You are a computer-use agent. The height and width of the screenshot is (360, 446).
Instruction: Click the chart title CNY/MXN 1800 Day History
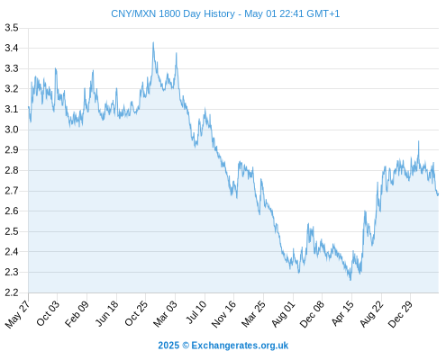pos(173,13)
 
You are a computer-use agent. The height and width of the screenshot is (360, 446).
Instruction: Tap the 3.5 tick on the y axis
pos(12,28)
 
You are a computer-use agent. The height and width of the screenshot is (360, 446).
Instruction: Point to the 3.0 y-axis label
pos(12,130)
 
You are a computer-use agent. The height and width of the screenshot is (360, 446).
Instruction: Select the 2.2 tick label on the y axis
pos(12,292)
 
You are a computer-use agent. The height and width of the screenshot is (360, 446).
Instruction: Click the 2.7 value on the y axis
pos(12,191)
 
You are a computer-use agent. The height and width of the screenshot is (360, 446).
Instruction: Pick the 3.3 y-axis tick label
pos(12,68)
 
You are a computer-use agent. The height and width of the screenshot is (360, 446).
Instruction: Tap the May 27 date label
pos(17,314)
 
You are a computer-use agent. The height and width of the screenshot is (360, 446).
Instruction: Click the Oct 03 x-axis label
pos(48,313)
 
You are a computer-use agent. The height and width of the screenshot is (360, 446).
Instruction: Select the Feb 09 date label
pos(77,314)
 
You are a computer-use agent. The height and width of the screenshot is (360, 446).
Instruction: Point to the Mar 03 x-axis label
pos(166,314)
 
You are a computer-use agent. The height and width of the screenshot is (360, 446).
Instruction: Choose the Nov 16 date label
pos(224,314)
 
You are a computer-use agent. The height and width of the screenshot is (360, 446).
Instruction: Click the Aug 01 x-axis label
pos(283,314)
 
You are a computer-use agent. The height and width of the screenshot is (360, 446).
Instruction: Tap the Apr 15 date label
pos(342,313)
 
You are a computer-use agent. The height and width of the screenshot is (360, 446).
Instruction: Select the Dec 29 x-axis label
pos(401,314)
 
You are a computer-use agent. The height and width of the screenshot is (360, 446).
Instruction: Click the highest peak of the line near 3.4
pos(153,42)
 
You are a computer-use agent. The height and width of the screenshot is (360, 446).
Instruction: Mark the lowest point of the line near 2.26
pos(350,280)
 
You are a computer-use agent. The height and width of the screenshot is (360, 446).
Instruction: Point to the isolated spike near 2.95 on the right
pos(419,141)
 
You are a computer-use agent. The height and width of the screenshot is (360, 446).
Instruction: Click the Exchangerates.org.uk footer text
pos(240,346)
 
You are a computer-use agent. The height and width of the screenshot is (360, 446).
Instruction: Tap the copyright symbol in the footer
pos(186,346)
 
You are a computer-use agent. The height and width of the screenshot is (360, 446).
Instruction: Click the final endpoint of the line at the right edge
pos(438,194)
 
